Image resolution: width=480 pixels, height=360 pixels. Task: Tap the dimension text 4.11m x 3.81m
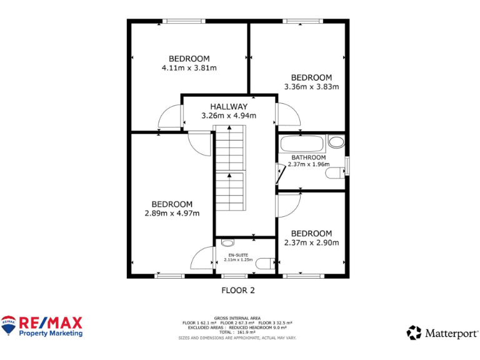coord(189,67)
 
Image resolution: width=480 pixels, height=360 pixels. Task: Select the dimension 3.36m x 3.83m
coord(311,87)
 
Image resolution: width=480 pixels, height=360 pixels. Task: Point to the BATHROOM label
coord(308,157)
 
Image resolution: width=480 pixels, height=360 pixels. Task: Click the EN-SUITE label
coord(238,255)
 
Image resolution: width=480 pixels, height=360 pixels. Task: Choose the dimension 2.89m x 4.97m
coord(172,213)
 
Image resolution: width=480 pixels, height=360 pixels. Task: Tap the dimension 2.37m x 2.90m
coord(311,242)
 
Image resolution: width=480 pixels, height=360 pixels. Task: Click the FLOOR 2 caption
coord(238,290)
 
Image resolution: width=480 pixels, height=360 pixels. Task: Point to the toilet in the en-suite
coord(266,263)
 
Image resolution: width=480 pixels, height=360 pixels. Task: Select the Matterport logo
coord(442,332)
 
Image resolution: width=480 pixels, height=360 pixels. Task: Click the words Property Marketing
coord(51,334)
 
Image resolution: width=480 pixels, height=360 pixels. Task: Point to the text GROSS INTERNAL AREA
coord(237,317)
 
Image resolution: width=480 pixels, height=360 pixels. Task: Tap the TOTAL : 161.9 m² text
coord(237,332)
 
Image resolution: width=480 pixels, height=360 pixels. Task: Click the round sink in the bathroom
coord(336,141)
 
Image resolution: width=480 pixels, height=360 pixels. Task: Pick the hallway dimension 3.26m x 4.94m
coord(229,116)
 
